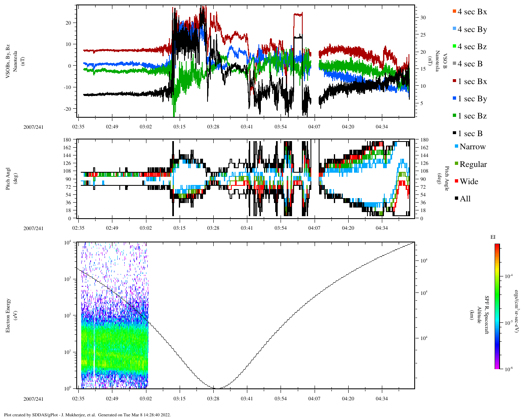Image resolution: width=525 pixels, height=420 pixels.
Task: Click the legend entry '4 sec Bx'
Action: (472, 12)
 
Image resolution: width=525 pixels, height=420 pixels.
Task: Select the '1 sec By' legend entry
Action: (472, 99)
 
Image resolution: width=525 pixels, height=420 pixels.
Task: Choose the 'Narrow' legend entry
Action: (472, 147)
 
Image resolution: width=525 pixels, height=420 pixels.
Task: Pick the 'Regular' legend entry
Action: (472, 164)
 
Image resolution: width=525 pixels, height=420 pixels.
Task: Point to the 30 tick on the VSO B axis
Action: (422, 18)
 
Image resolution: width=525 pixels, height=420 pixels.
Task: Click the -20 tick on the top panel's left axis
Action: (68, 109)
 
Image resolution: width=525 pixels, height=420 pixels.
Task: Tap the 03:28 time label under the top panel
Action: (213, 127)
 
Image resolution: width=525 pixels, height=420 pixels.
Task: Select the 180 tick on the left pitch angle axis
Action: (67, 140)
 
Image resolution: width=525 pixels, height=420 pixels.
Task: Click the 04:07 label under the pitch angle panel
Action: (314, 228)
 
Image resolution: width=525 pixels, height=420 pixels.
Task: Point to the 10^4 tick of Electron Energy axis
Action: (68, 242)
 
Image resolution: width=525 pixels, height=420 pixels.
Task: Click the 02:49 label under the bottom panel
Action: (112, 399)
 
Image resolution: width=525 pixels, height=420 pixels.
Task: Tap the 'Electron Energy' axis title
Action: (8, 315)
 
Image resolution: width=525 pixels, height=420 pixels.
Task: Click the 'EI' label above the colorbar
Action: (493, 237)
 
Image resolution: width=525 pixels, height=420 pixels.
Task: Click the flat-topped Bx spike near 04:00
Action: (298, 15)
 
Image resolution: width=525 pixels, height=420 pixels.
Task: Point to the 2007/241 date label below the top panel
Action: (33, 127)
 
